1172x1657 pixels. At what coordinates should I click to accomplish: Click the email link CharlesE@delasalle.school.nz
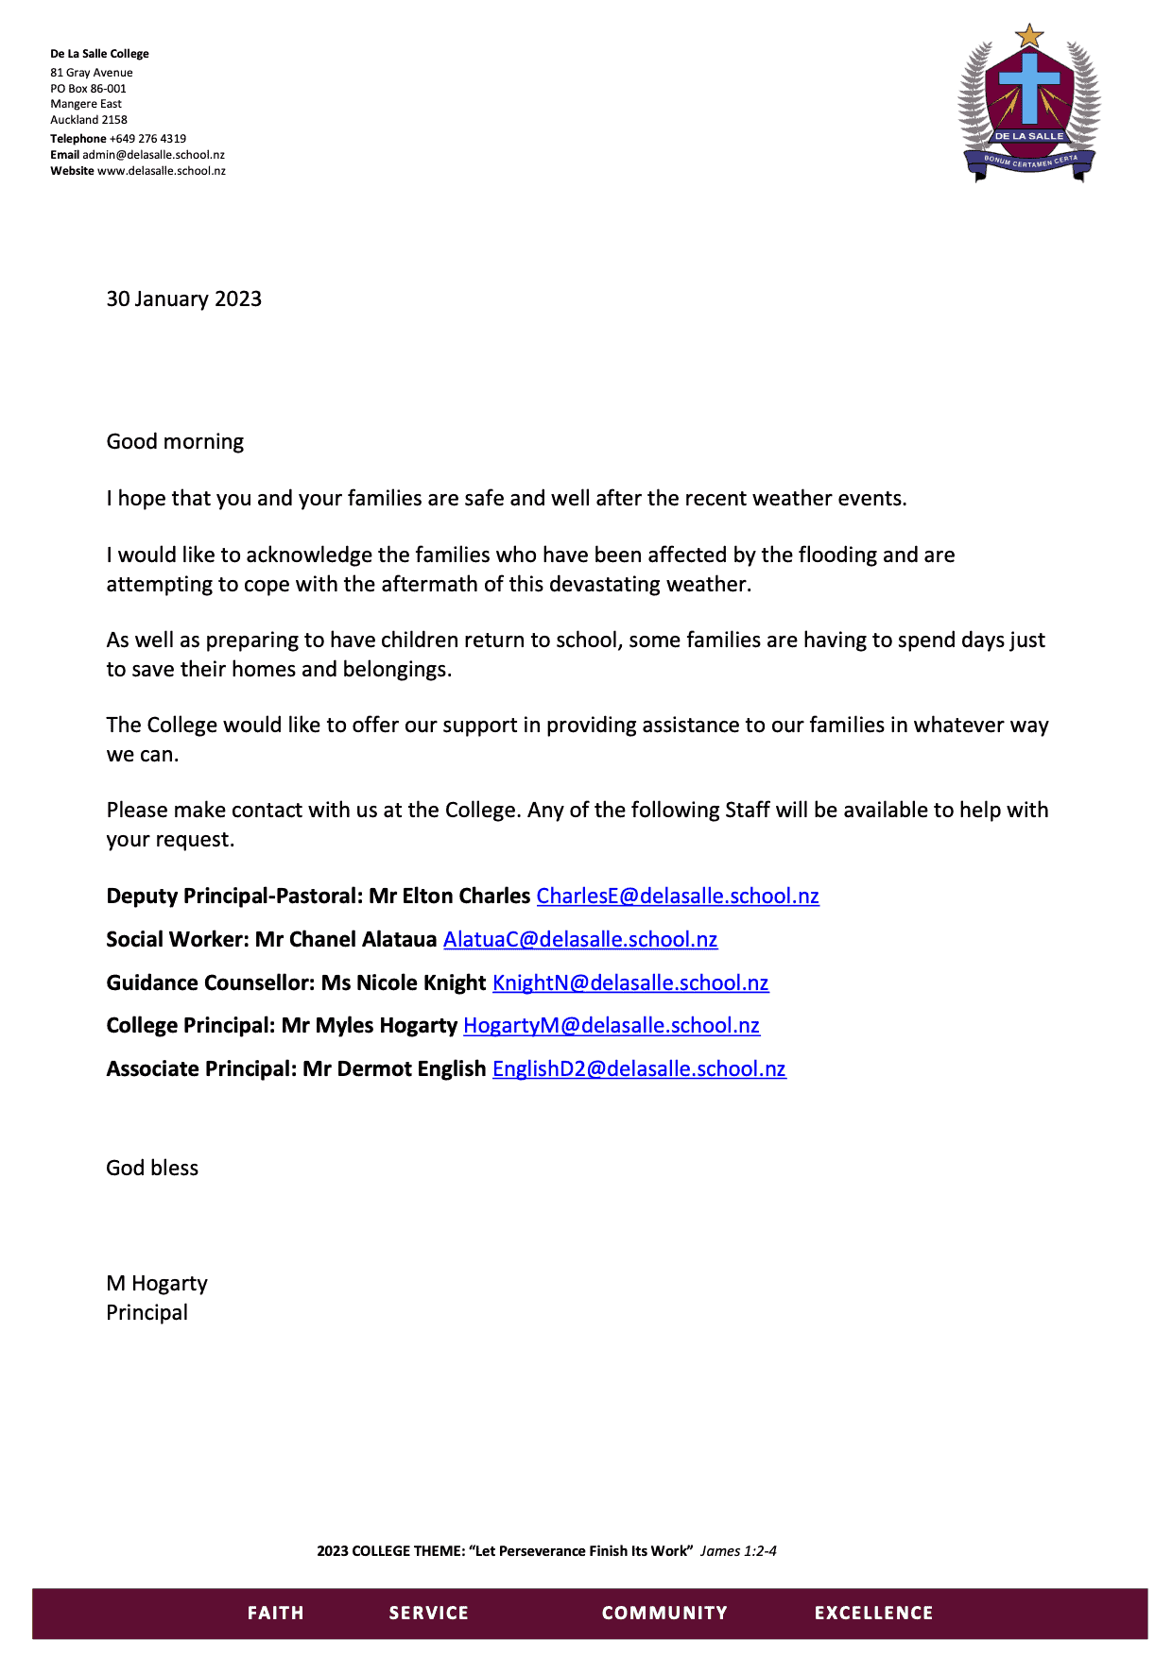pos(678,896)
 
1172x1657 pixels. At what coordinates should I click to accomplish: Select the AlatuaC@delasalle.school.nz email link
pos(580,939)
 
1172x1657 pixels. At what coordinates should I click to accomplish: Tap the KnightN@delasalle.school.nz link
pos(630,982)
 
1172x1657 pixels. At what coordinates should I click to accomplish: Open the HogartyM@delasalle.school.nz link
pos(612,1025)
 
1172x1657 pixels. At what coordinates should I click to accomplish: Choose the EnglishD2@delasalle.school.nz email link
pos(639,1068)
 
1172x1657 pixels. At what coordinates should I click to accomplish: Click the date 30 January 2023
pos(183,299)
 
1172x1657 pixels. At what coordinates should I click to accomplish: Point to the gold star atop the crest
pos(1029,37)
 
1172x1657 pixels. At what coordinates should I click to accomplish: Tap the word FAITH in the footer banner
pos(275,1613)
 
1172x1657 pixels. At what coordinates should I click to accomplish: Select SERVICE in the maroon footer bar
pos(429,1613)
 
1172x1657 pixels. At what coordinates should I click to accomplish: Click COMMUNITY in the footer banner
pos(664,1613)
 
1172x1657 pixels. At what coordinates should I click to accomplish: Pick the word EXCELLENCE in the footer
pos(873,1613)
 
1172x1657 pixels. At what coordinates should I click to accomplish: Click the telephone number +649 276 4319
pos(147,138)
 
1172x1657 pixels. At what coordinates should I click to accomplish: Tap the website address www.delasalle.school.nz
pos(162,171)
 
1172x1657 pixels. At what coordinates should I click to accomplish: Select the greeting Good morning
pos(175,441)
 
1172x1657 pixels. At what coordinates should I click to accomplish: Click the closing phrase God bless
pos(152,1168)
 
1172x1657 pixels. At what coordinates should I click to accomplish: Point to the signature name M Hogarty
pos(157,1283)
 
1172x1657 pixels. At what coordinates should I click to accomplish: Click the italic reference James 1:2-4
pos(738,1550)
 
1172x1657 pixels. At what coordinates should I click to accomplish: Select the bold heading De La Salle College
pos(99,54)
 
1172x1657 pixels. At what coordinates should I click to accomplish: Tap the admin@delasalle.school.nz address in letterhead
pos(153,155)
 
